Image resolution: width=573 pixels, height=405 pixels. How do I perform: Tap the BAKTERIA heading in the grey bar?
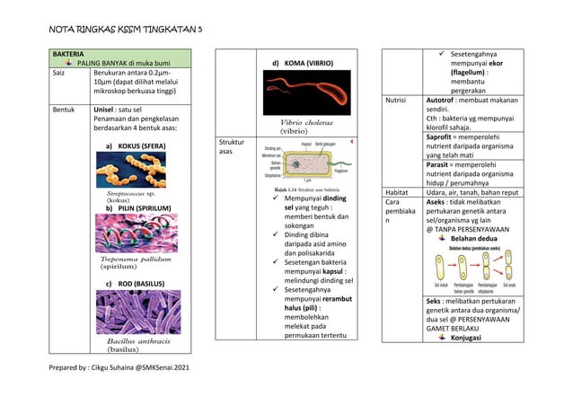73,54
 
